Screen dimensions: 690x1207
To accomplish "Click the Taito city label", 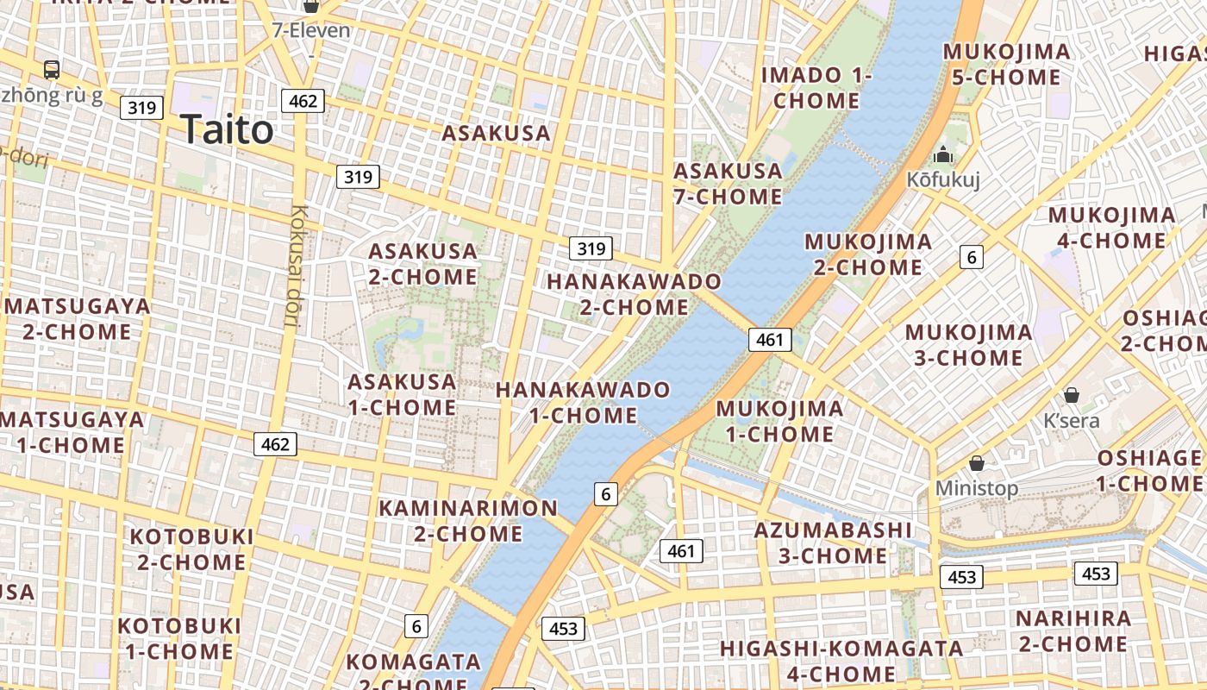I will point(227,130).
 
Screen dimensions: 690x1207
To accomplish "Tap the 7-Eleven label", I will point(311,31).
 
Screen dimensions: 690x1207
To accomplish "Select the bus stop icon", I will point(52,69).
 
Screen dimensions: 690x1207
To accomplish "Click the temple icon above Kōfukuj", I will point(943,155).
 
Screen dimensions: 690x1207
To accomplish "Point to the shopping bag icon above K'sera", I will point(1072,395).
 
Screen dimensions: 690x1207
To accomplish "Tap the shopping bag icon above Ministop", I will point(977,463).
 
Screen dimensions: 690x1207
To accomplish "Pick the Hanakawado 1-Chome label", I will point(583,402).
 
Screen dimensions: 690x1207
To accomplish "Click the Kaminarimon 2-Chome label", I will point(468,520).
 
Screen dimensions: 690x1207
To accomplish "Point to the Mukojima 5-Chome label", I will point(1006,65).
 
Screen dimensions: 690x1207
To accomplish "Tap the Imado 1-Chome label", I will point(816,88).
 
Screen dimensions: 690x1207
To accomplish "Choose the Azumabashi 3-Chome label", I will point(833,543).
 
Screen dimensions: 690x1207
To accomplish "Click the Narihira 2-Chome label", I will point(1073,630).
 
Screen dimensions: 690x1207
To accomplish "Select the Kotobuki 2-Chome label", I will point(191,549).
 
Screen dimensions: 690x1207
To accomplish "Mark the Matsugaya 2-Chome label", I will point(78,318).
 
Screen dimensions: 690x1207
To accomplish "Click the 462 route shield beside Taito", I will point(303,101).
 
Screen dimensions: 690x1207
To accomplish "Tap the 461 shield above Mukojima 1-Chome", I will point(769,340).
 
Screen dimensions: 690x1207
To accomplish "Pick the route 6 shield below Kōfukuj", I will point(972,256).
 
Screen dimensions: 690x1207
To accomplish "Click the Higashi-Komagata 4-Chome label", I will point(841,661).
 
